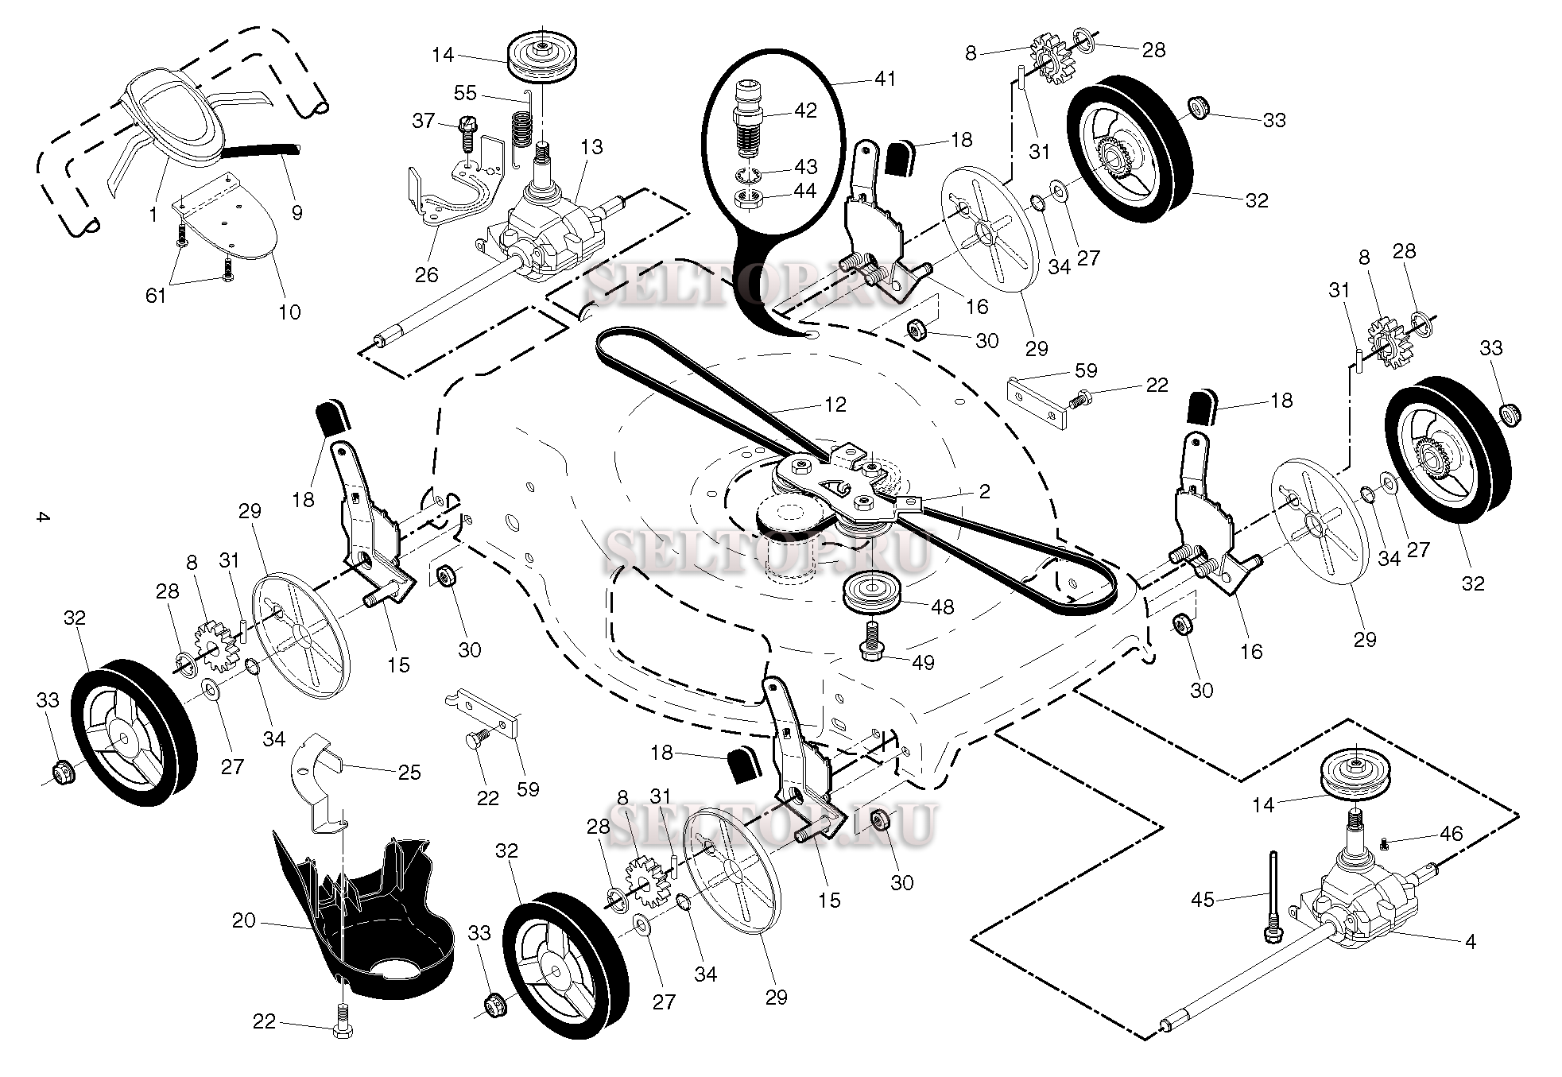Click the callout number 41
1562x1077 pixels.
point(885,79)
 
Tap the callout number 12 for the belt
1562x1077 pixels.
point(835,405)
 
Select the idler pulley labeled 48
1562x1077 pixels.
point(871,592)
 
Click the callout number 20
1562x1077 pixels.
point(243,920)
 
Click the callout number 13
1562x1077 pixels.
point(592,147)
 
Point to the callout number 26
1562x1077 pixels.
point(427,275)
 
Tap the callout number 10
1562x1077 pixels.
point(289,312)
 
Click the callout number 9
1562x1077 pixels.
point(297,213)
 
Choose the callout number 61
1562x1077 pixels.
point(156,295)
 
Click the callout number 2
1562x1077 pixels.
point(984,491)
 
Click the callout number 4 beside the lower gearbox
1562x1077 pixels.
point(1470,942)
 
